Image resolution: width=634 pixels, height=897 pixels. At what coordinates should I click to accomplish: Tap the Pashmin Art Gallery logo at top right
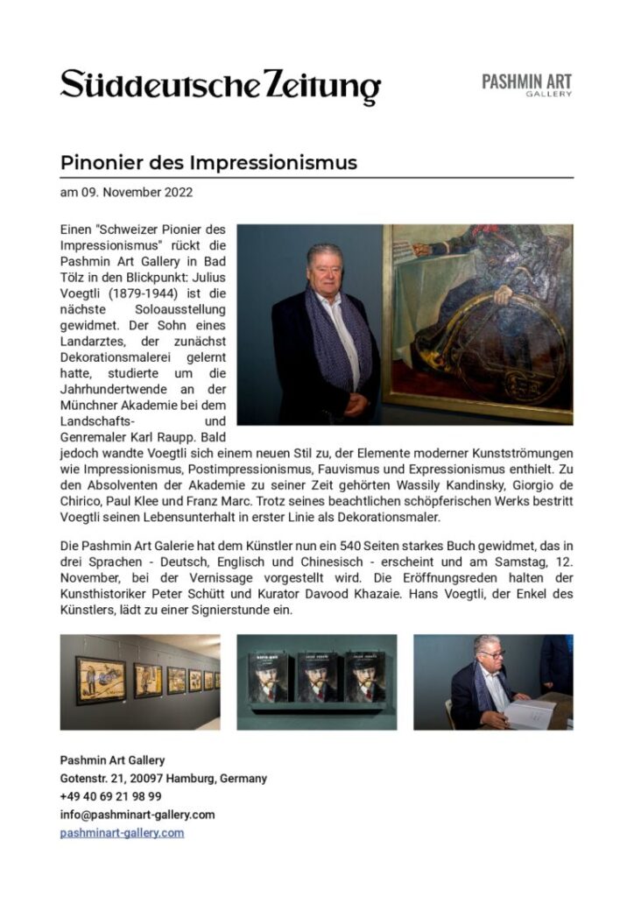tap(526, 85)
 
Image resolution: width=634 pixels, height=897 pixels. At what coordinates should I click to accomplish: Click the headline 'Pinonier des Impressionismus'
tap(208, 163)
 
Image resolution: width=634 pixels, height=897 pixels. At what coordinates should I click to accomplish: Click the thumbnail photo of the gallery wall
tap(140, 682)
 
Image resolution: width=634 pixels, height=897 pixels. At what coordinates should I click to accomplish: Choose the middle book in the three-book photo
tap(316, 675)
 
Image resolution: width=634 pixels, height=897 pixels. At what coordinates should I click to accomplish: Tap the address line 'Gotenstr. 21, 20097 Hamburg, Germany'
tap(163, 778)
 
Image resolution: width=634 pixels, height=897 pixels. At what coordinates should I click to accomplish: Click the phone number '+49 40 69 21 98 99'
tap(110, 796)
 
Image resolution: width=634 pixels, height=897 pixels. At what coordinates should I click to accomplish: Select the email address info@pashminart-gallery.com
tap(137, 815)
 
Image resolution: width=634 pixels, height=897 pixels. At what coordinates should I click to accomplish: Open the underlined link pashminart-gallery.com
tap(122, 833)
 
